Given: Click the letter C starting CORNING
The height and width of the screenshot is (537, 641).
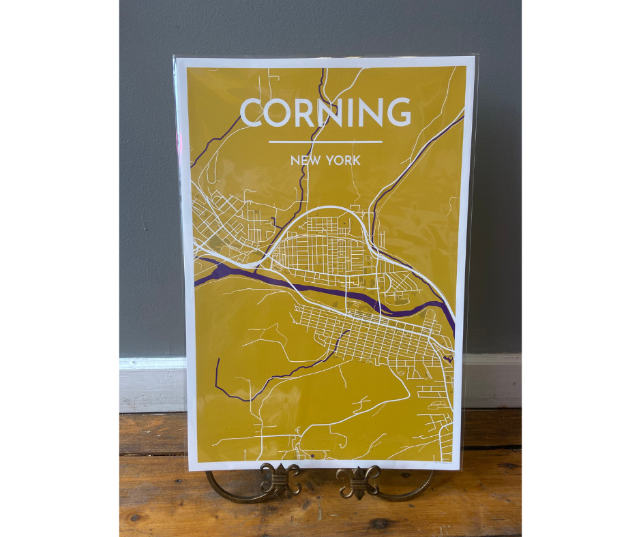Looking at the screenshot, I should click(253, 113).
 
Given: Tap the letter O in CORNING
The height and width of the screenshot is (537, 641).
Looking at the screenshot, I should click(281, 113).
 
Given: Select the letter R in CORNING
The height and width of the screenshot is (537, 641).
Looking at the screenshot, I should click(305, 113).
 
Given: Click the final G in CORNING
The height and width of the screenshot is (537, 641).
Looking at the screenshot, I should click(397, 113).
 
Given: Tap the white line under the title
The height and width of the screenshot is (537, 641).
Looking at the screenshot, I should click(325, 142).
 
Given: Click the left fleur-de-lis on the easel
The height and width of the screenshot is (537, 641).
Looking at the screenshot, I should click(281, 478).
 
